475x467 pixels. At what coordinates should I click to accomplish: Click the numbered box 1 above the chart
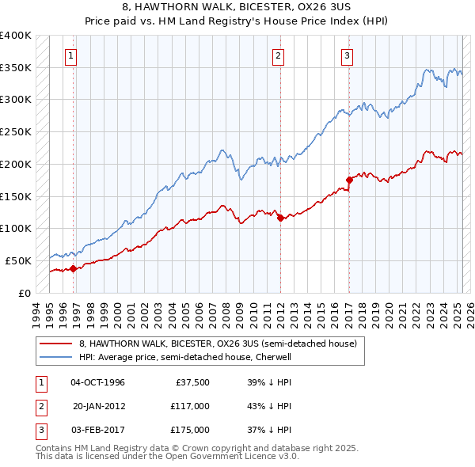pyautogui.click(x=71, y=55)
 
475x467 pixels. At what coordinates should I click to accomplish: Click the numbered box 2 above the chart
pyautogui.click(x=279, y=55)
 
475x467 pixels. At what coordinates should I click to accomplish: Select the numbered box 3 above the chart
pyautogui.click(x=348, y=55)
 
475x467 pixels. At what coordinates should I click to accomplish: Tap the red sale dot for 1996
pyautogui.click(x=74, y=268)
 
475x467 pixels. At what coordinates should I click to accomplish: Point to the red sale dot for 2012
pyautogui.click(x=280, y=218)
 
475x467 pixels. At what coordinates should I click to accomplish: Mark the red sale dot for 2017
pyautogui.click(x=349, y=180)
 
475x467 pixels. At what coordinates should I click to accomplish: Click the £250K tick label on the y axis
pyautogui.click(x=16, y=132)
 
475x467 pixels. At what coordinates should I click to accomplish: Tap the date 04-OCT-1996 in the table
pyautogui.click(x=98, y=382)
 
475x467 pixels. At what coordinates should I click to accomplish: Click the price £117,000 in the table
pyautogui.click(x=189, y=406)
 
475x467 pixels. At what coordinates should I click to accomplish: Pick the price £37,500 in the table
pyautogui.click(x=192, y=382)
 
